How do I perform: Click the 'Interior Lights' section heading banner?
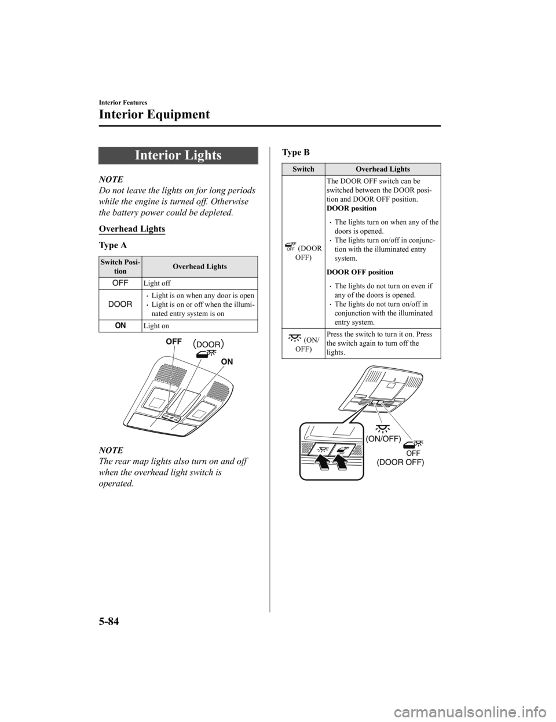[178, 155]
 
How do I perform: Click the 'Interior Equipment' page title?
[155, 114]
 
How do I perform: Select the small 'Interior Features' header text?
[123, 101]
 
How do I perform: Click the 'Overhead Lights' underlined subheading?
[133, 229]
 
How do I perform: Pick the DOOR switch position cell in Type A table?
[120, 304]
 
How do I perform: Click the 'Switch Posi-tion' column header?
[120, 267]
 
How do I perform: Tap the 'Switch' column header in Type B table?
[303, 169]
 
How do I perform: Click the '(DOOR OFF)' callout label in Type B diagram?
[400, 463]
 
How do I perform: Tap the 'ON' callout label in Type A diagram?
[226, 361]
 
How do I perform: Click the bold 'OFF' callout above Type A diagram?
[174, 342]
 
